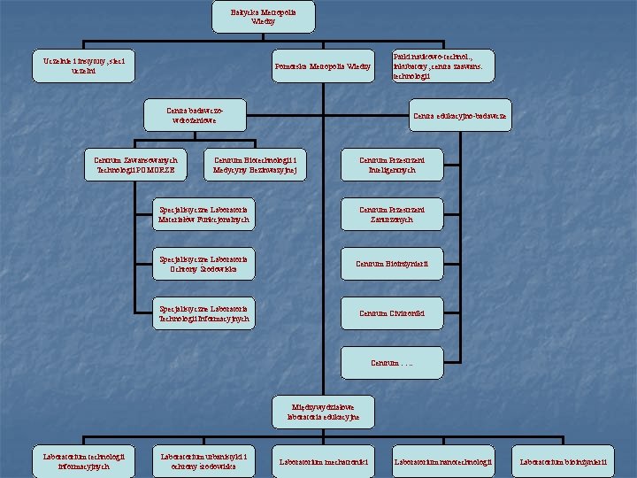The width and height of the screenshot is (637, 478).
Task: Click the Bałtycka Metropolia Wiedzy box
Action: click(251, 16)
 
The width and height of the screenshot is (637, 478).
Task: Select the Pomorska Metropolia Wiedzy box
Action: click(322, 66)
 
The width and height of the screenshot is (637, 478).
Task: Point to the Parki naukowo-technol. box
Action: click(442, 66)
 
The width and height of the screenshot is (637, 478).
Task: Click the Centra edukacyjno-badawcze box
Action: click(459, 115)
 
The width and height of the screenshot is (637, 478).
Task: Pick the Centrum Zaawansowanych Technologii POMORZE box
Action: click(135, 164)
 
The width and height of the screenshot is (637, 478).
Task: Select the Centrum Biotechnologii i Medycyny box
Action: click(255, 164)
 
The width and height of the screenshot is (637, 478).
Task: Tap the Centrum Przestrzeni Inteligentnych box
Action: click(391, 164)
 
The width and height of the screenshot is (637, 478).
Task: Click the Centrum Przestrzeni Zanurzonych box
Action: click(391, 214)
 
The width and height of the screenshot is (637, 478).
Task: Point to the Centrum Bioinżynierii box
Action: click(391, 263)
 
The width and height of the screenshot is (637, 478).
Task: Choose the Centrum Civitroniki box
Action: click(391, 312)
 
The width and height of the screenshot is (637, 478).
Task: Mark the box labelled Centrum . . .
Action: click(391, 362)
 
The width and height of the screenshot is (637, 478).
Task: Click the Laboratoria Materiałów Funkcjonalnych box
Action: click(203, 214)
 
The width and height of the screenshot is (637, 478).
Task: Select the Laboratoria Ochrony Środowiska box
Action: click(203, 263)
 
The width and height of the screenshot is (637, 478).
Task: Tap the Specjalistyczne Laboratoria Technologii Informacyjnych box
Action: click(203, 312)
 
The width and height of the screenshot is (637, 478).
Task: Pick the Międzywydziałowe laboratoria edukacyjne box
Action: click(324, 411)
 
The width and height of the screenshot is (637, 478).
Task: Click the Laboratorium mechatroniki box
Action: click(322, 461)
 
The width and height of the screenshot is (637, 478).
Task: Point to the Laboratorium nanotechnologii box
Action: click(441, 461)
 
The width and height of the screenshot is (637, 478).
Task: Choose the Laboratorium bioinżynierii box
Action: click(564, 461)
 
